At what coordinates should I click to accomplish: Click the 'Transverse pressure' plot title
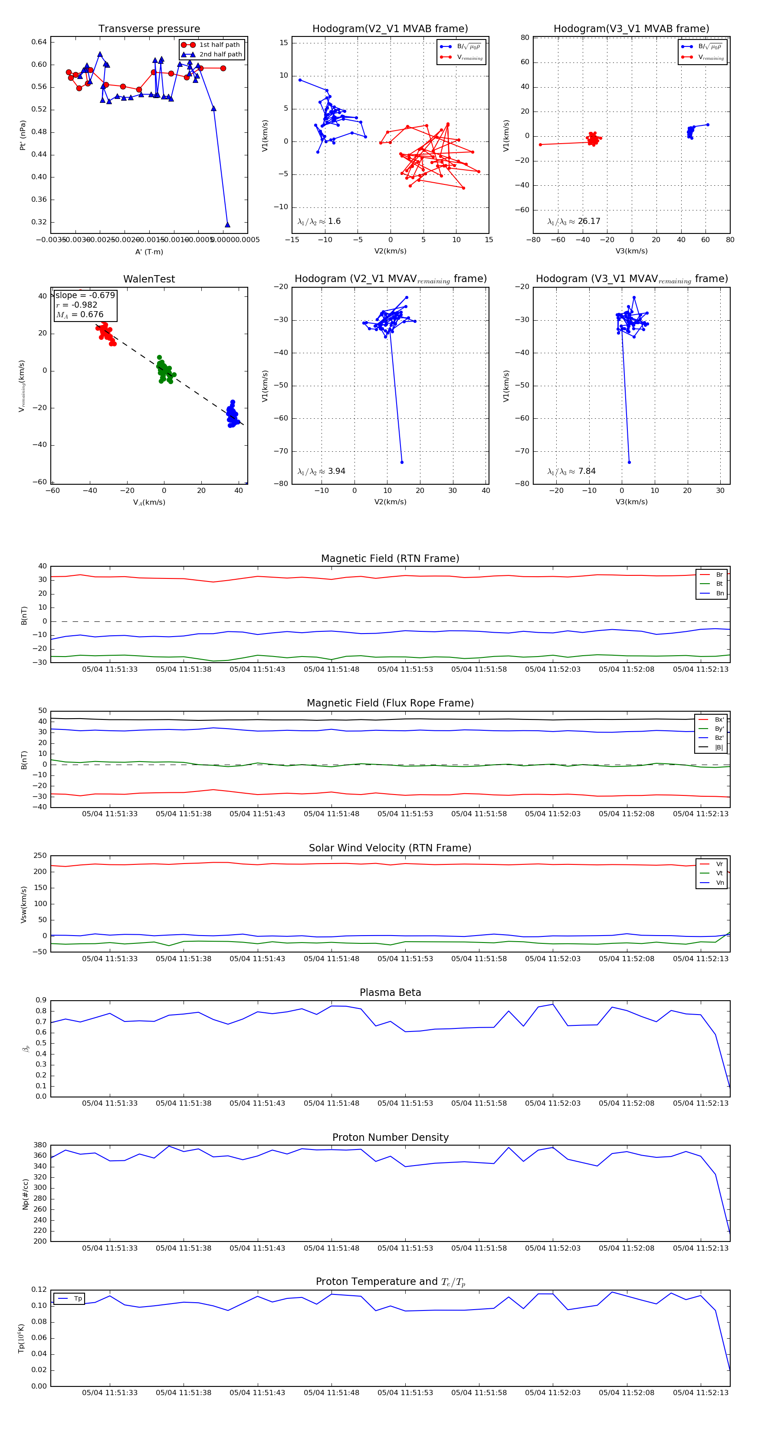(149, 29)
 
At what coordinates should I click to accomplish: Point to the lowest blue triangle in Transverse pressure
(227, 225)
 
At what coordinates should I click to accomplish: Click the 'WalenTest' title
(149, 279)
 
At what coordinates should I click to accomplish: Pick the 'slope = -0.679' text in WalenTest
(85, 295)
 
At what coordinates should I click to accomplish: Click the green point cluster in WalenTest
(164, 370)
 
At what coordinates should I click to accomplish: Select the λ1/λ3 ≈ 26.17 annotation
(574, 221)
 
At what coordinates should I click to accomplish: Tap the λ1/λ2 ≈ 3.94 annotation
(321, 471)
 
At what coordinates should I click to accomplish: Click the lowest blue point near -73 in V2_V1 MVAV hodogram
(402, 462)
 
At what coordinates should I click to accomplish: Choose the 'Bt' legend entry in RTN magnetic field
(719, 584)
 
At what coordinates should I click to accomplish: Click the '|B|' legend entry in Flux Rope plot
(719, 748)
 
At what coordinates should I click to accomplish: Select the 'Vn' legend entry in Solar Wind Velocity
(719, 883)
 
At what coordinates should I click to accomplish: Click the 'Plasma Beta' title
(390, 993)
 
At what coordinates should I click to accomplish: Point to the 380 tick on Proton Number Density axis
(40, 1145)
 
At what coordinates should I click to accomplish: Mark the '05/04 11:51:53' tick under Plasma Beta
(405, 1104)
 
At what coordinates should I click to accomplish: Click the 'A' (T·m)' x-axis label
(149, 252)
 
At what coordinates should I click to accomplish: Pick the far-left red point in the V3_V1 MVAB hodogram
(540, 145)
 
